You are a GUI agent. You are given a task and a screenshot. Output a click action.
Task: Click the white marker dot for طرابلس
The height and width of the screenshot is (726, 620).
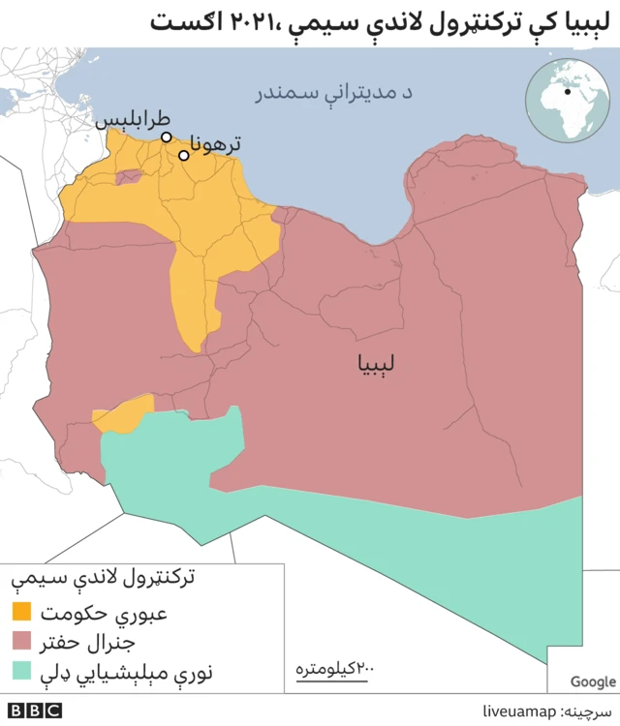pos(167,137)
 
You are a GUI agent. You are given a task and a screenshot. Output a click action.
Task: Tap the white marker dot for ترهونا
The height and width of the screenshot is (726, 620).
pos(183,155)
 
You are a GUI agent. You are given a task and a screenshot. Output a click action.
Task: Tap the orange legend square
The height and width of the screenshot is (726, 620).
pos(21,612)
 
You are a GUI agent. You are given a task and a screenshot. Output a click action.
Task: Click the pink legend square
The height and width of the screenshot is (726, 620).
pos(21,641)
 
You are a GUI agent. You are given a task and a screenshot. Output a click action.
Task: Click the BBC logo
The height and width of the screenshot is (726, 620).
pos(37,711)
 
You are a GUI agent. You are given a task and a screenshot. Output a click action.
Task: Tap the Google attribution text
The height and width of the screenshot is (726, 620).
pos(592,681)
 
